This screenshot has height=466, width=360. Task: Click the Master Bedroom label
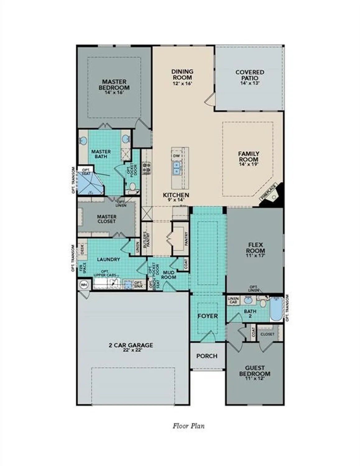114,85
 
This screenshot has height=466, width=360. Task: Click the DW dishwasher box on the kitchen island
176,156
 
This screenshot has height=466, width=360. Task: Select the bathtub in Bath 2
275,309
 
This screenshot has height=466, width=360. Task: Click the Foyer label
208,316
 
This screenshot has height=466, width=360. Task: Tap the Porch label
207,356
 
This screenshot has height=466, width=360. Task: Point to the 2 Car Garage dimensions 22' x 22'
131,350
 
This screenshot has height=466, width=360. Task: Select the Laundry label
108,259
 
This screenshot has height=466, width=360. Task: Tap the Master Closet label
107,219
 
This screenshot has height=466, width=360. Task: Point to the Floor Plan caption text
188,426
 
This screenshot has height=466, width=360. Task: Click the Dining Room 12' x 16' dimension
182,83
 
